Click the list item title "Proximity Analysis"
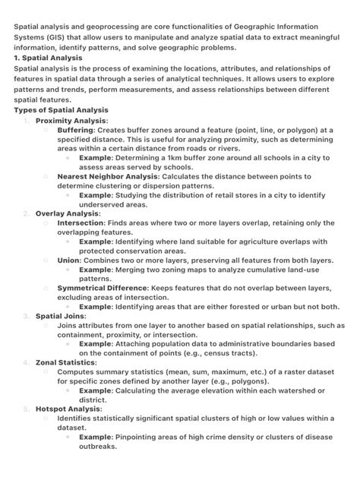[x=71, y=120]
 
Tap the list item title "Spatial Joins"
[x=61, y=316]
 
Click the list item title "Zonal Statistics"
[x=65, y=362]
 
